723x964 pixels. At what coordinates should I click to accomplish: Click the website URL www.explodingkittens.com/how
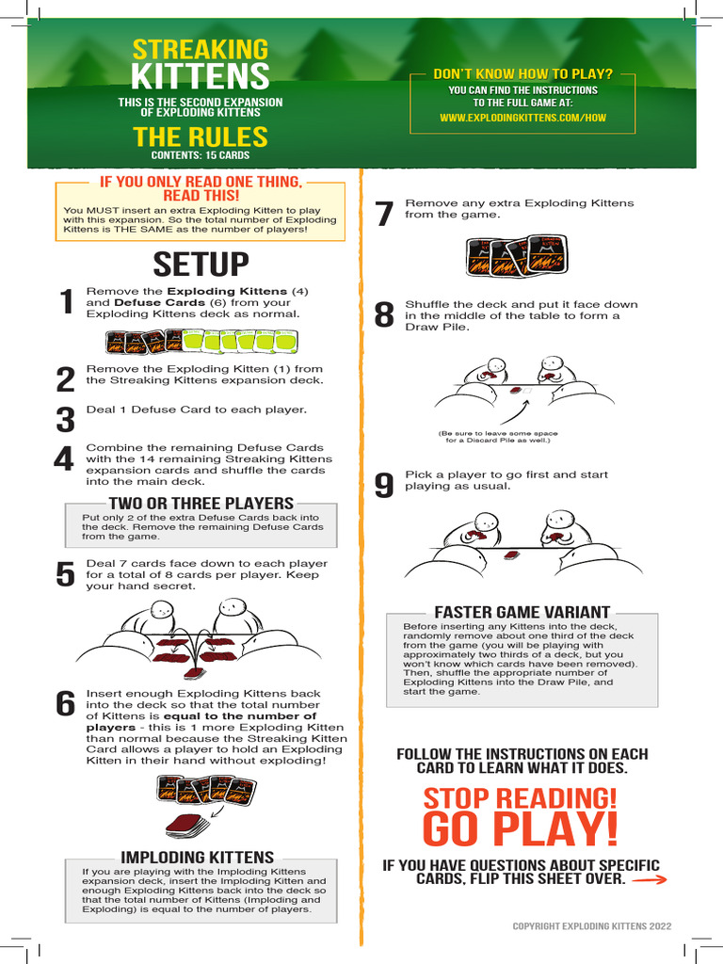[522, 118]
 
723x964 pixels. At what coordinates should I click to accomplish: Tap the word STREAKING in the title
[201, 50]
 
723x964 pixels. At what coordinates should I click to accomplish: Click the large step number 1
[67, 302]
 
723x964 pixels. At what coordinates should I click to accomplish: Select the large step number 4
[64, 458]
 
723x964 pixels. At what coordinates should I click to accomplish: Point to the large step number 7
[384, 214]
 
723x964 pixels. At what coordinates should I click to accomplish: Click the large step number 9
[384, 485]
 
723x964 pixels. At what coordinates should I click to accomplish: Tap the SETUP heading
[201, 265]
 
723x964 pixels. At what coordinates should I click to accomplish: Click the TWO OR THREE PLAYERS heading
[201, 504]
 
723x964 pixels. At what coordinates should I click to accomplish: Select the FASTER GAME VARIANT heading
[522, 612]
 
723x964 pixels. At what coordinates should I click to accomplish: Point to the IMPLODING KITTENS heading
[198, 857]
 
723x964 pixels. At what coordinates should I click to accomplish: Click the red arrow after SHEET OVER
[650, 880]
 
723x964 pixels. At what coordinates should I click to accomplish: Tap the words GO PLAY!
[520, 828]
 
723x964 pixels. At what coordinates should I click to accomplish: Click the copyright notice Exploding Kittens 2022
[592, 926]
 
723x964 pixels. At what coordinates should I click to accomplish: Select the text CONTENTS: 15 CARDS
[201, 155]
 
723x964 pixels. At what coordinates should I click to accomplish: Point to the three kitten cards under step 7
[515, 255]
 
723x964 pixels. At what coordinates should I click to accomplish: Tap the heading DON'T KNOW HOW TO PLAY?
[523, 73]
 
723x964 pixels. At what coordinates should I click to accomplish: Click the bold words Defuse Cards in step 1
[160, 302]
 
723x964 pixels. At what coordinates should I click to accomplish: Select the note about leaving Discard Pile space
[498, 437]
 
